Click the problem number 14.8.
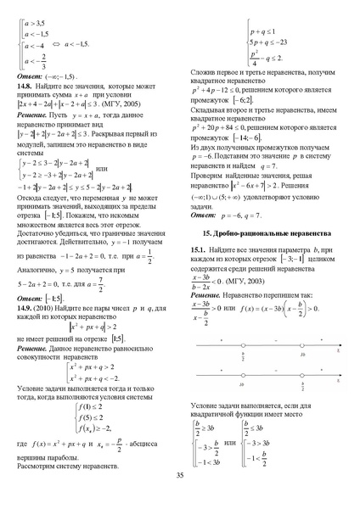point(28,86)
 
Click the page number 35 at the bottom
point(180,475)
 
